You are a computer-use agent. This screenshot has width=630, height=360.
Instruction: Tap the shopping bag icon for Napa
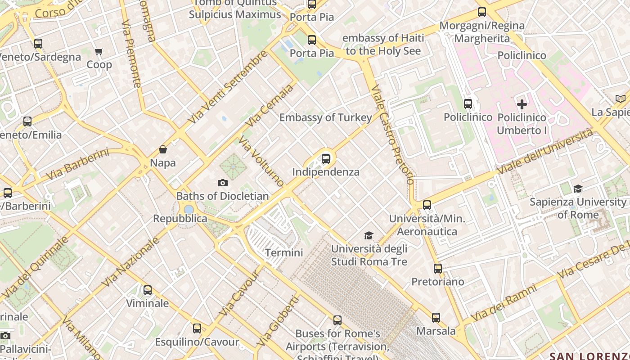pyautogui.click(x=163, y=149)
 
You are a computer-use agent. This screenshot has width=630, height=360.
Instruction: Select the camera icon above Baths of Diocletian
pyautogui.click(x=222, y=183)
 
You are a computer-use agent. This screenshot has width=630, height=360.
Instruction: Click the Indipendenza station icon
pyautogui.click(x=326, y=158)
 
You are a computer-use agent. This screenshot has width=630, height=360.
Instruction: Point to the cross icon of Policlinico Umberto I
pyautogui.click(x=522, y=104)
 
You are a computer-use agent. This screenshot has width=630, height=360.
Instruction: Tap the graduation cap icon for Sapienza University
pyautogui.click(x=578, y=189)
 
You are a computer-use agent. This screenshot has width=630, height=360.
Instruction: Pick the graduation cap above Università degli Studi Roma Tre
pyautogui.click(x=369, y=235)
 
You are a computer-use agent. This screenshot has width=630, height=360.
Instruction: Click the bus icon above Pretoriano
pyautogui.click(x=438, y=269)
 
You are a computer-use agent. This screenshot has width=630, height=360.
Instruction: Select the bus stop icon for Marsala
pyautogui.click(x=436, y=318)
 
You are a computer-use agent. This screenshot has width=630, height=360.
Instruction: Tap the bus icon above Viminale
pyautogui.click(x=148, y=290)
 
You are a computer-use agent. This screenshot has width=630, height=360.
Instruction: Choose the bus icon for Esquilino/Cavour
pyautogui.click(x=197, y=328)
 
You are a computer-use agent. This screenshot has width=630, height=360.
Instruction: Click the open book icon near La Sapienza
pyautogui.click(x=621, y=99)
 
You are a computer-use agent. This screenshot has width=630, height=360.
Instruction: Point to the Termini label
pyautogui.click(x=284, y=252)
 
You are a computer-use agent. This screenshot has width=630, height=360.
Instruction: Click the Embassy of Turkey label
pyautogui.click(x=326, y=118)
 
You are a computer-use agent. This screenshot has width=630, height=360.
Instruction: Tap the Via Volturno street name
pyautogui.click(x=261, y=162)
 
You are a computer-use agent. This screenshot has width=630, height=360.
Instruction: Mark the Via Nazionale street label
pyautogui.click(x=131, y=261)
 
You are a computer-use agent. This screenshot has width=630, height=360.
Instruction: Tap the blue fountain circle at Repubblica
pyautogui.click(x=189, y=209)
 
